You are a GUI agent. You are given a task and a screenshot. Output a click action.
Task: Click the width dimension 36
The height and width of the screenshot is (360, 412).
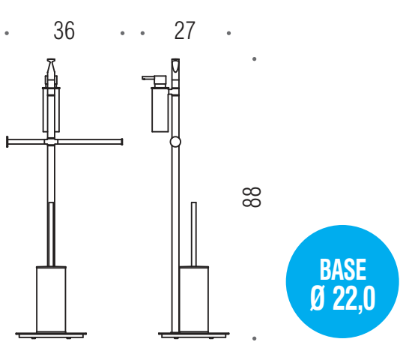tap(64, 31)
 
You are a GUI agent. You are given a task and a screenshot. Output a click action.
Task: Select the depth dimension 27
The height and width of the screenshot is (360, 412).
tap(184, 31)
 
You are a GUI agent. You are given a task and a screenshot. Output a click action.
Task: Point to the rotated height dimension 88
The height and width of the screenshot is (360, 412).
tap(252, 197)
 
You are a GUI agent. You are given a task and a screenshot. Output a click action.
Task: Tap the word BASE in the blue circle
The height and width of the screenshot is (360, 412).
tap(342, 270)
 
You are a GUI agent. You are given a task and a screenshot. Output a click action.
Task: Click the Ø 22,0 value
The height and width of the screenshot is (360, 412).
tap(342, 298)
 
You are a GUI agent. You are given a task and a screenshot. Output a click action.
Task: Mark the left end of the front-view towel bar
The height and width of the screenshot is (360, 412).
tap(7, 140)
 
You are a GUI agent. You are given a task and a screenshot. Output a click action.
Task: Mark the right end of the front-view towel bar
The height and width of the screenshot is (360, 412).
tap(121, 140)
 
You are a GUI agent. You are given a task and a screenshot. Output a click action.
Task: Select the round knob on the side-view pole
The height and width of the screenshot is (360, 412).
tap(175, 140)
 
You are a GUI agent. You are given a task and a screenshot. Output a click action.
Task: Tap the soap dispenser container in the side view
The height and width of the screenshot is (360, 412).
tap(160, 110)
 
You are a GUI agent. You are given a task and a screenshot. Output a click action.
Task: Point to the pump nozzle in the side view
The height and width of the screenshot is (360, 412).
tap(148, 77)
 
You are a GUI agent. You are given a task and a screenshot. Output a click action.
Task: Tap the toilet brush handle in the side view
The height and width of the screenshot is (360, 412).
tap(193, 232)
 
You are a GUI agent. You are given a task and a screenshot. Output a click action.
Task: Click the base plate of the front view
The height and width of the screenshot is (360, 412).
tap(51, 333)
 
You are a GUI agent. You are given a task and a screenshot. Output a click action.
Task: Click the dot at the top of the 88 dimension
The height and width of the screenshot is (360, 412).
tap(255, 58)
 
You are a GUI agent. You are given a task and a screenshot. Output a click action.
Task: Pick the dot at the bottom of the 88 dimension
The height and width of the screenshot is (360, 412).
tap(255, 339)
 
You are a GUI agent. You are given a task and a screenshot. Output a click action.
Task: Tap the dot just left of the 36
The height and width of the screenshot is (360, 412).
tap(7, 33)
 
